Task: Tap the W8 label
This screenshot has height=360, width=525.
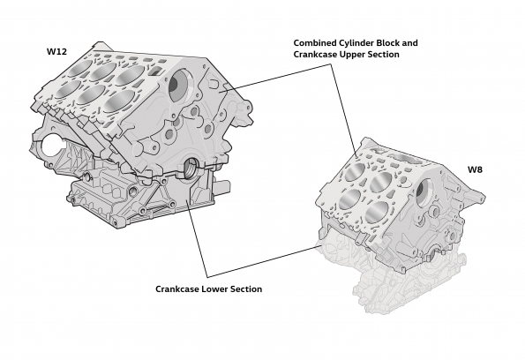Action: click(x=476, y=168)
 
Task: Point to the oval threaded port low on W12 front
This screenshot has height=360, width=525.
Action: click(x=191, y=165)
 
